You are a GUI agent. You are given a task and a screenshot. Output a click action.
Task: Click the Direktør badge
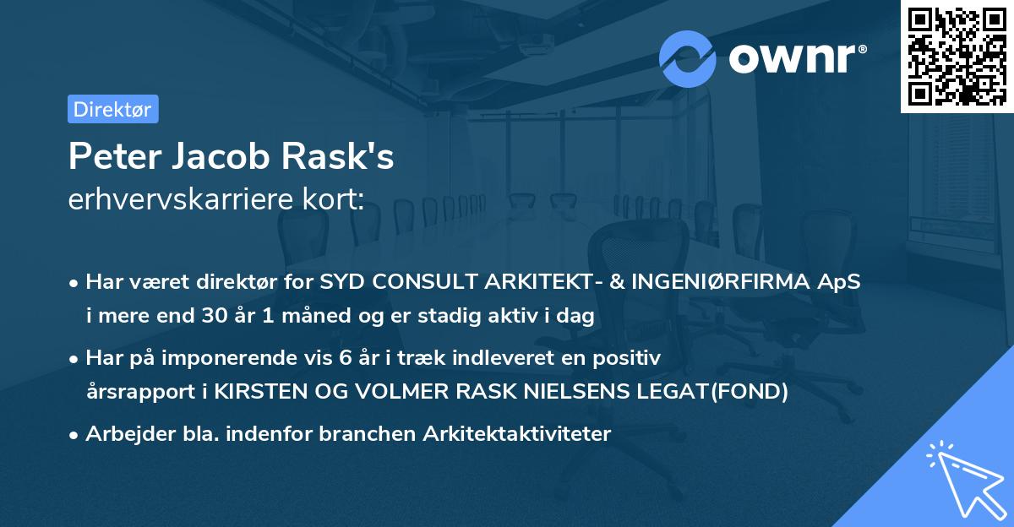(x=112, y=109)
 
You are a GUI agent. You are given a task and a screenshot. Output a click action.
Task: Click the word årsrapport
(x=138, y=391)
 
